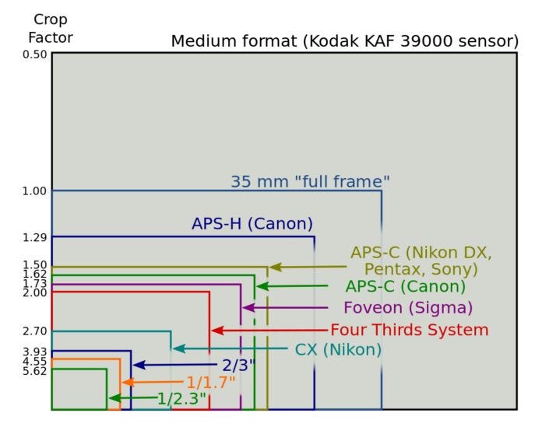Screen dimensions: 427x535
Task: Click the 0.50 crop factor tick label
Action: click(x=35, y=54)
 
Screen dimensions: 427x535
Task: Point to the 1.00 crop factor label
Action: click(x=35, y=191)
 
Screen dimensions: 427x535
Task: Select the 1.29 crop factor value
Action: click(x=35, y=236)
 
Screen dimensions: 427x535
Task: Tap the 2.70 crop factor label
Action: click(x=35, y=331)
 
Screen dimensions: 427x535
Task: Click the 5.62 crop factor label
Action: click(x=35, y=371)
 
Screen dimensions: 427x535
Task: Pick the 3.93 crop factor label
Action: click(x=35, y=352)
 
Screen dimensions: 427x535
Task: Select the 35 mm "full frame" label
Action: click(x=310, y=182)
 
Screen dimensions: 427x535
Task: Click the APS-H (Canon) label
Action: click(x=252, y=224)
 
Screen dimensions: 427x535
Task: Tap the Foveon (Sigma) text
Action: click(x=408, y=307)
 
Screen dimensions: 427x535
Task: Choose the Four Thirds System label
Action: click(x=409, y=330)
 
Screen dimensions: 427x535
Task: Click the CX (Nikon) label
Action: click(x=338, y=350)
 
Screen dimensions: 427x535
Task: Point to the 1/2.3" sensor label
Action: click(x=181, y=398)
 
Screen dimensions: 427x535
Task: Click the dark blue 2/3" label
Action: click(x=234, y=365)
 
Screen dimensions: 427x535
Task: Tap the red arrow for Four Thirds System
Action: click(x=269, y=331)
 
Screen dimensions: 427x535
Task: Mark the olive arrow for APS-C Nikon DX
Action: click(x=308, y=267)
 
